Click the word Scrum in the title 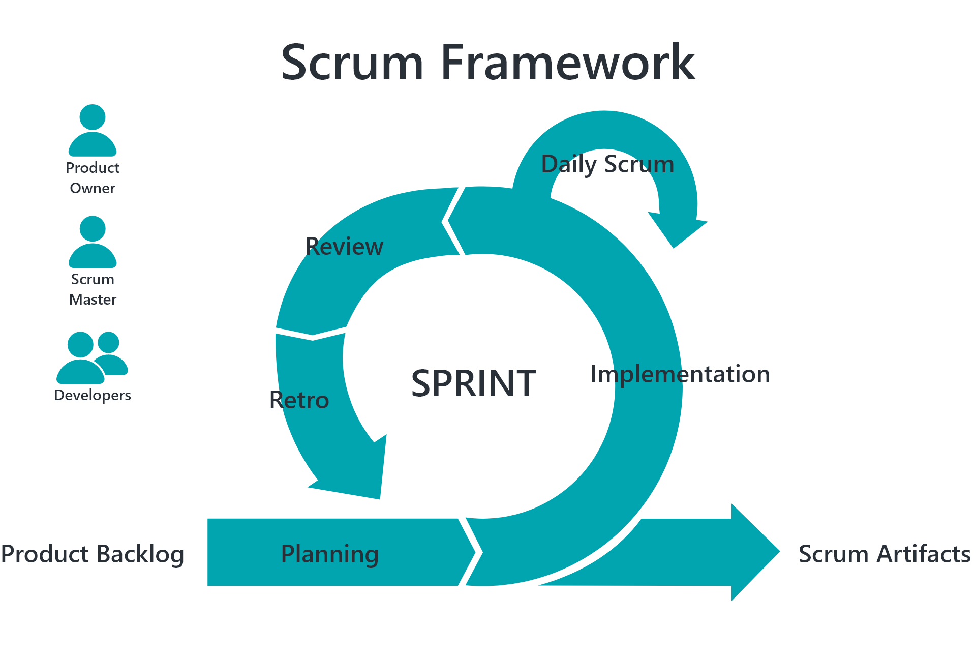pos(352,62)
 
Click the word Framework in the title pos(568,62)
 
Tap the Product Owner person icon pos(93,131)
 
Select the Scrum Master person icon pos(93,242)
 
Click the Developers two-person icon pos(92,358)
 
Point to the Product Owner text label pos(93,178)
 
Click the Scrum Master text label pos(93,289)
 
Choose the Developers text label pos(93,396)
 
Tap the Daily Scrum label pos(607,165)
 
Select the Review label pos(344,247)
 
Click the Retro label pos(299,400)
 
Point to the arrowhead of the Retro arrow pos(356,473)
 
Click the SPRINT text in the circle pos(474,383)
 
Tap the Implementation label pos(680,374)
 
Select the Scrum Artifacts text pos(884,554)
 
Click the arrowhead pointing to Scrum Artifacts pos(755,552)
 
